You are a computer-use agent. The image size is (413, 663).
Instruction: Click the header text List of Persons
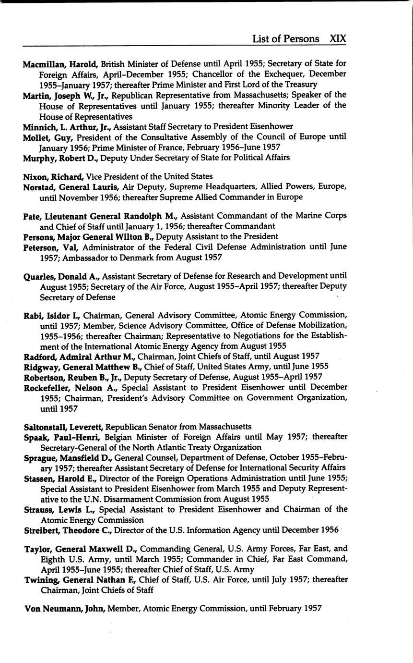tap(285, 39)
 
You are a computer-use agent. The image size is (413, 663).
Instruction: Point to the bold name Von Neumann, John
tap(65, 608)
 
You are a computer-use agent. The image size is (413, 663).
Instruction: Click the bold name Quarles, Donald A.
tap(61, 276)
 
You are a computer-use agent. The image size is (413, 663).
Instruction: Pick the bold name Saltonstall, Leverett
tap(64, 427)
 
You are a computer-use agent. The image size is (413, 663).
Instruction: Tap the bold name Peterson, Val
tap(52, 247)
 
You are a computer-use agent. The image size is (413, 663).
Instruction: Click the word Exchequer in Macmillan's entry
tap(306, 74)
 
